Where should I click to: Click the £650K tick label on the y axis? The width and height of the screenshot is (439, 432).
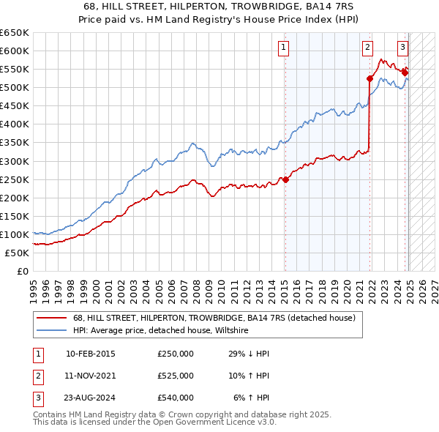(x=15, y=33)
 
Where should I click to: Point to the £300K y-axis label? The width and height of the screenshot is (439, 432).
(x=15, y=161)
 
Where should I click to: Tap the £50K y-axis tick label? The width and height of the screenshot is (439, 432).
(x=17, y=253)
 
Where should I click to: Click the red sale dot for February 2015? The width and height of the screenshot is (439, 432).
(x=285, y=179)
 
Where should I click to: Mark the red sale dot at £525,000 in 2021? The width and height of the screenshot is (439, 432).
(x=370, y=78)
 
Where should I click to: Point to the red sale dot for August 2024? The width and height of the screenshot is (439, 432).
(x=405, y=72)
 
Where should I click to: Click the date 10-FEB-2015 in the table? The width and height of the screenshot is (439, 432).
(x=90, y=354)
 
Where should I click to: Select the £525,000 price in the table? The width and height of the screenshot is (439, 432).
(x=176, y=376)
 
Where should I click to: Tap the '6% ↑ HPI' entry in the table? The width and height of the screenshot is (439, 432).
(x=252, y=398)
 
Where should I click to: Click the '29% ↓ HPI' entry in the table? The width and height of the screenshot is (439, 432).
(x=249, y=354)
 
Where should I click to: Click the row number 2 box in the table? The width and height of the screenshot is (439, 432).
(x=36, y=376)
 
